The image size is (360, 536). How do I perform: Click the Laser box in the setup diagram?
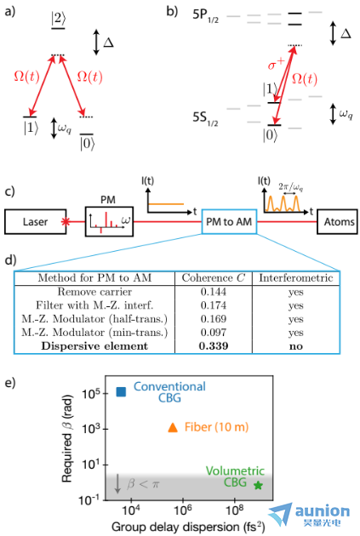tap(35, 222)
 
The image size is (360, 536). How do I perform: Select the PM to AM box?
tap(229, 222)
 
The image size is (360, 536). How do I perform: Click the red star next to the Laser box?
tap(66, 222)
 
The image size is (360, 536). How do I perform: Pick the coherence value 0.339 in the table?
tap(214, 345)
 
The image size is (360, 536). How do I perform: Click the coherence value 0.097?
tap(214, 332)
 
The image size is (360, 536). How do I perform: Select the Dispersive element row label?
tap(94, 345)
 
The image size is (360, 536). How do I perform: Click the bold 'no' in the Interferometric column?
tap(295, 346)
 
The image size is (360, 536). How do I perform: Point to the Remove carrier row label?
tap(94, 292)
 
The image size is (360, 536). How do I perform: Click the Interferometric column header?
tap(295, 277)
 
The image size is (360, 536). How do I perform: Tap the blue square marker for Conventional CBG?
tap(121, 391)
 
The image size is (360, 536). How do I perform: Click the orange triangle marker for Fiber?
tap(173, 428)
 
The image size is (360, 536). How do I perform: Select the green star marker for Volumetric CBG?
tap(258, 485)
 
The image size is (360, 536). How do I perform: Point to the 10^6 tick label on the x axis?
tap(183, 510)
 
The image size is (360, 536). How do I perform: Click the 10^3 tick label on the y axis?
tap(90, 428)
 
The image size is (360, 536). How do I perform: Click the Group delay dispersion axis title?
tap(188, 527)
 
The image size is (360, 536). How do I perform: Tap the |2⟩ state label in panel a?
tap(58, 18)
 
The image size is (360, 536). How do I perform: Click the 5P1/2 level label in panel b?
tap(205, 16)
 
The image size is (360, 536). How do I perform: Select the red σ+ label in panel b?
tap(276, 64)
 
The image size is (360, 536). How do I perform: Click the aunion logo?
tap(310, 515)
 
